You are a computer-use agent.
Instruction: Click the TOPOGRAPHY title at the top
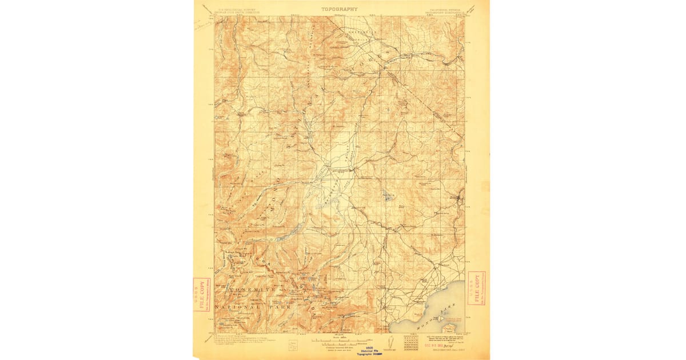tap(339, 9)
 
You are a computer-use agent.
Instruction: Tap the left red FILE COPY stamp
tap(201, 295)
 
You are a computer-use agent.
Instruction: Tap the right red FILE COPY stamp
tap(476, 288)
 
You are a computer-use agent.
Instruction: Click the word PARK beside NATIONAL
tap(279, 307)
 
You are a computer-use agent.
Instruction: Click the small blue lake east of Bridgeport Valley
tap(389, 198)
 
